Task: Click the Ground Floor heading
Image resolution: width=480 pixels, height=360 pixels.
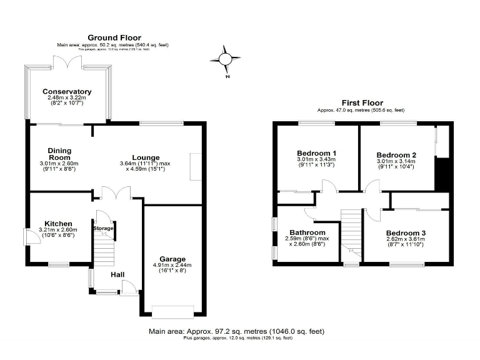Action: [114, 37]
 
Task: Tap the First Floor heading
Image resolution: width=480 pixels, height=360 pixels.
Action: [362, 103]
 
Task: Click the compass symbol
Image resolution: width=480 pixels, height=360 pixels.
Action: [225, 59]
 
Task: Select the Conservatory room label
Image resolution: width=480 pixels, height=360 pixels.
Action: [67, 92]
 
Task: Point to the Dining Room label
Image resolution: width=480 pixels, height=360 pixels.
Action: [60, 154]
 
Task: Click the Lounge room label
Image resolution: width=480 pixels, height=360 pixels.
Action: [146, 157]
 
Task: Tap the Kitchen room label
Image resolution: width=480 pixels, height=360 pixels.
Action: [58, 224]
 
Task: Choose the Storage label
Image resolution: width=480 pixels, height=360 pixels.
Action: [104, 229]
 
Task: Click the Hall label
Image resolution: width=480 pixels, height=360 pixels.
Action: [117, 274]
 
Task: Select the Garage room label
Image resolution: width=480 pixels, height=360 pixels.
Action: [172, 259]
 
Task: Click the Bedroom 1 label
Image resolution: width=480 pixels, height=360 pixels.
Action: [316, 153]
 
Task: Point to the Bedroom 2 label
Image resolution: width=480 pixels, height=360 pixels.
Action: [396, 155]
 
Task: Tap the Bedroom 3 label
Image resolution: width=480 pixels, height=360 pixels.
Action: [406, 233]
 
